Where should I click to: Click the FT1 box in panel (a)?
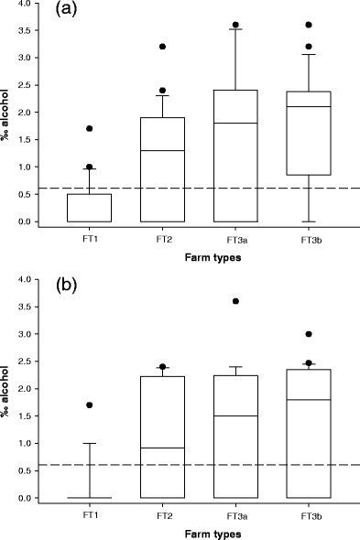tap(90, 208)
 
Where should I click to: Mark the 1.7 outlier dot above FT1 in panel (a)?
tap(90, 129)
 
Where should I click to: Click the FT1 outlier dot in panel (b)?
tap(90, 405)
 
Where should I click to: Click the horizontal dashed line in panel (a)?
tap(202, 189)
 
